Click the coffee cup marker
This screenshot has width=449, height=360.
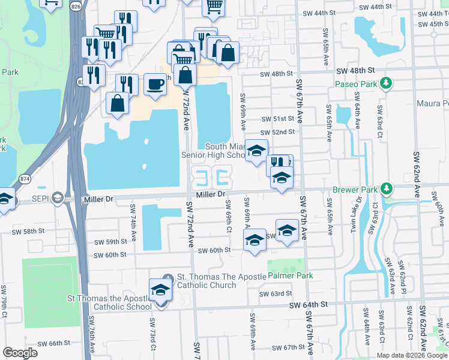click(156, 83)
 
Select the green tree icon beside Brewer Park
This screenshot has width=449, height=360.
click(387, 190)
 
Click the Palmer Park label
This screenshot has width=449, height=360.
click(291, 276)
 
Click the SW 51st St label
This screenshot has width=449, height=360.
click(278, 119)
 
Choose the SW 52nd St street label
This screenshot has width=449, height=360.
click(278, 132)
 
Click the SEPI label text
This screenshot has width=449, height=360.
click(39, 198)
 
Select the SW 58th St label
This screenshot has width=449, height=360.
click(28, 231)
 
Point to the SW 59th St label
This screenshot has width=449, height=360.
click(111, 242)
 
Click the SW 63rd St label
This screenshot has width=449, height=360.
click(275, 294)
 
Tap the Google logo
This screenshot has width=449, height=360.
click(20, 353)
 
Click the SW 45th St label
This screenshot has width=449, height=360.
click(430, 24)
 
